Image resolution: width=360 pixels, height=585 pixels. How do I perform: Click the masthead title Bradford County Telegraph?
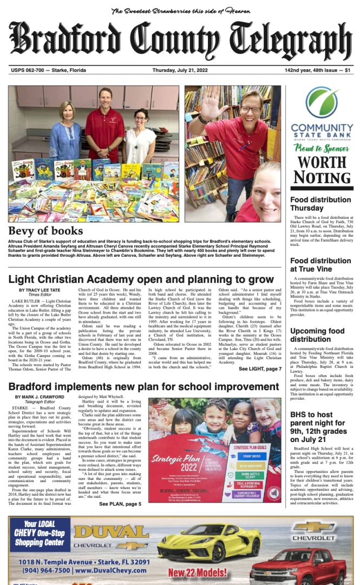[180, 41]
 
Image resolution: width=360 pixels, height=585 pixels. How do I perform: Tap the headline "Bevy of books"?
[45, 231]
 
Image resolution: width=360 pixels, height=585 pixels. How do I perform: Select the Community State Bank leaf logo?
[322, 105]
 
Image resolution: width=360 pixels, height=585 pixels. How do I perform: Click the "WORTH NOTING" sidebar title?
[321, 170]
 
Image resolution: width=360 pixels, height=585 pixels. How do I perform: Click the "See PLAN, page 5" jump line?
[120, 504]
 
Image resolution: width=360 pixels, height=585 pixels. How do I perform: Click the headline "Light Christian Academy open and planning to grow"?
[141, 279]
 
